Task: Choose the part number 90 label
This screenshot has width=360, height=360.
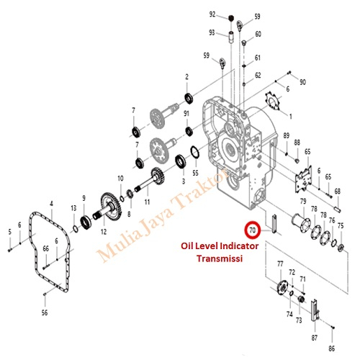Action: click(x=302, y=83)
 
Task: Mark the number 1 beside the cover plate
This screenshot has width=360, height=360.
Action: click(x=290, y=115)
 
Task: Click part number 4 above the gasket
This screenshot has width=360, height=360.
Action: click(x=51, y=204)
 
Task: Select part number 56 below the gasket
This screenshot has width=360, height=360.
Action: click(x=45, y=312)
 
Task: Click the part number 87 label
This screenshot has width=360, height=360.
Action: click(x=314, y=337)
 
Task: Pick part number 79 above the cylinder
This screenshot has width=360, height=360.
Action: click(x=303, y=201)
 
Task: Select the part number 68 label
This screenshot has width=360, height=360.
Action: click(x=337, y=191)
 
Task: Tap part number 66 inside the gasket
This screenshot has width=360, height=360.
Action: click(x=45, y=248)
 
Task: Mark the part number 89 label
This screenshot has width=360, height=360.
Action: click(x=286, y=136)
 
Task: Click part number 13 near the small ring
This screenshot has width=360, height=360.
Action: click(x=73, y=208)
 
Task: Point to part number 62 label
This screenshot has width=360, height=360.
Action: click(x=258, y=75)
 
